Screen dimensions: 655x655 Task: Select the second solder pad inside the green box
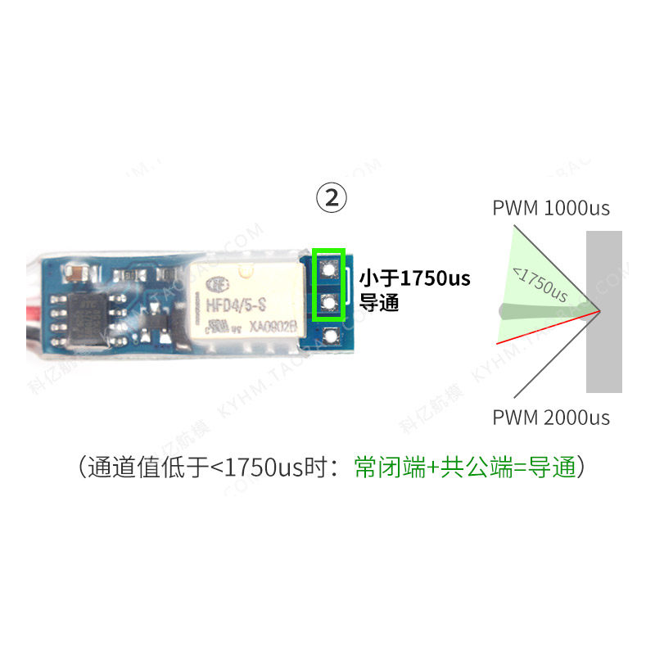(x=329, y=304)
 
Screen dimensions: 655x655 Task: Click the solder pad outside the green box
(x=330, y=336)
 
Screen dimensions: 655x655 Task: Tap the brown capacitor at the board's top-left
(x=76, y=271)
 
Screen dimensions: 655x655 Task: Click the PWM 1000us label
(x=551, y=208)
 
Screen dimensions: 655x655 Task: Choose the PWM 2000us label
(x=551, y=418)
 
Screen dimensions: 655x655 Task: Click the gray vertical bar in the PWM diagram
(x=604, y=311)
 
